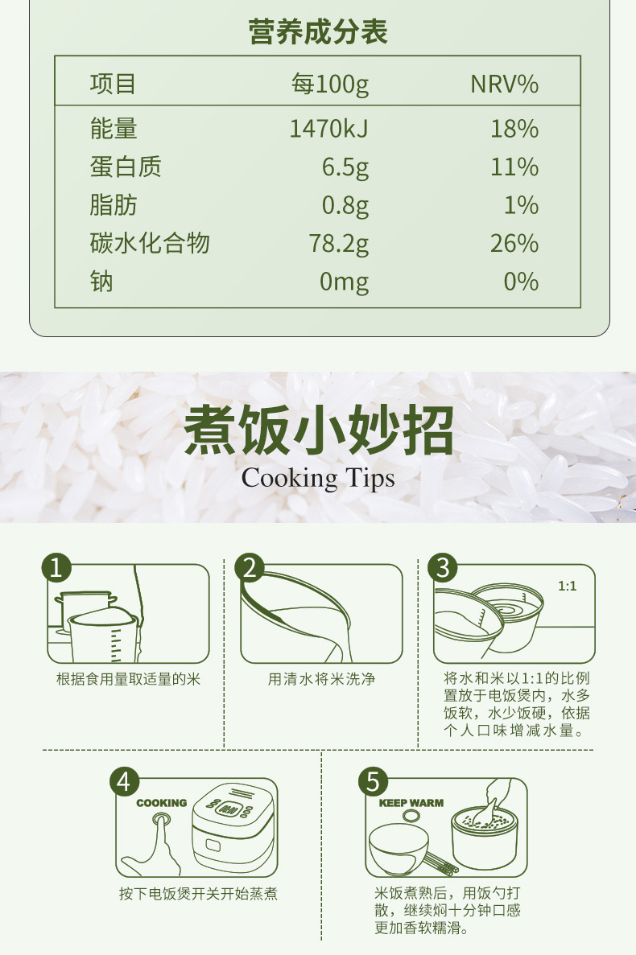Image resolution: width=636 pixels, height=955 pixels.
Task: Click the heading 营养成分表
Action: click(317, 31)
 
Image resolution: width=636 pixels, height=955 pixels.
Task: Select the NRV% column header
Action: click(505, 84)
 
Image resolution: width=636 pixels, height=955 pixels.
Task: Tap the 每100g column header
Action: click(329, 84)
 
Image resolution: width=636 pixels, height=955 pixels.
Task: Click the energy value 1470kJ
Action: click(328, 129)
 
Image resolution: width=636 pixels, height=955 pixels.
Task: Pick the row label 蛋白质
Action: click(126, 167)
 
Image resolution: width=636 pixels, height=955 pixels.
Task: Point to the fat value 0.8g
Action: click(345, 206)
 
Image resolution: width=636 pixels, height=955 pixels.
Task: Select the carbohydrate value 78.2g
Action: click(338, 244)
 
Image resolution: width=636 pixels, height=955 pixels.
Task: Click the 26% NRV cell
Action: click(514, 244)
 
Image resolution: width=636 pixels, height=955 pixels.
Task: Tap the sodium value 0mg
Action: click(345, 282)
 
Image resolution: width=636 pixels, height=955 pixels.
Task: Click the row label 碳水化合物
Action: click(150, 243)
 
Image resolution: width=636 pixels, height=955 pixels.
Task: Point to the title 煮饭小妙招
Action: click(319, 430)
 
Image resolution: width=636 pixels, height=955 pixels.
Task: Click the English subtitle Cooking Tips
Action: click(318, 478)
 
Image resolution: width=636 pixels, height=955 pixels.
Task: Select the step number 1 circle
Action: click(56, 568)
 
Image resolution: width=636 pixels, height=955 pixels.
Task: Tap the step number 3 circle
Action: click(443, 568)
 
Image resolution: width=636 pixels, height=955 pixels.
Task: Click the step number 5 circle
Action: click(374, 781)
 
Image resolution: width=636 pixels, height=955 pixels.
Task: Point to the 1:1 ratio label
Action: click(567, 586)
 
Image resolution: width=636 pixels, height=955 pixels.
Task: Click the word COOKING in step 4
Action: click(162, 803)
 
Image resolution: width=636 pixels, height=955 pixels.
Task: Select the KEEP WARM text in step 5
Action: click(411, 803)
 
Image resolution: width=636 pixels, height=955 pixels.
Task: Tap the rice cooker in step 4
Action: click(233, 826)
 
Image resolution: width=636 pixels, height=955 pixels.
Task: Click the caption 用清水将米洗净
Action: click(322, 679)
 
